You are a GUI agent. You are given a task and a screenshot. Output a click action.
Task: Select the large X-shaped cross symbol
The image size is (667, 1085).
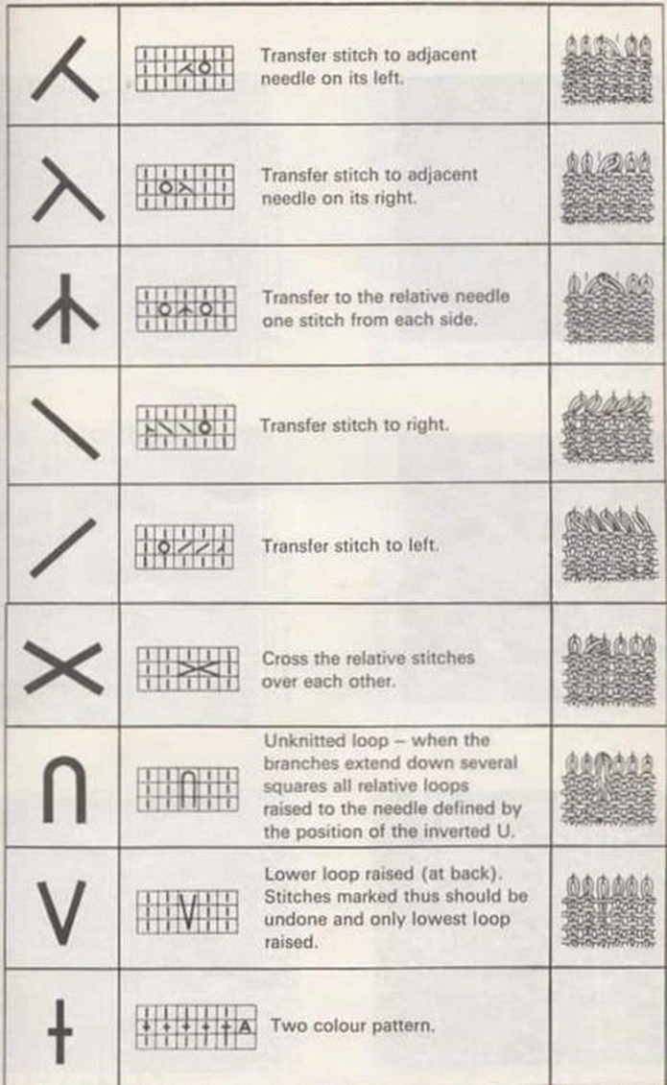(x=63, y=667)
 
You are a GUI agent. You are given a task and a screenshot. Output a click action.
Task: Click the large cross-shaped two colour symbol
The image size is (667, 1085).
(x=60, y=1031)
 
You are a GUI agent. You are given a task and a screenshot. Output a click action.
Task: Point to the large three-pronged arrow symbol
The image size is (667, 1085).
(x=65, y=309)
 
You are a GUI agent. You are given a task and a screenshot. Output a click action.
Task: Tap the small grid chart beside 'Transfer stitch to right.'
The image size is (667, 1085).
(x=185, y=427)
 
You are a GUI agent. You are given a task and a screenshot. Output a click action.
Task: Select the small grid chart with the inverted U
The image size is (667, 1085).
(x=187, y=789)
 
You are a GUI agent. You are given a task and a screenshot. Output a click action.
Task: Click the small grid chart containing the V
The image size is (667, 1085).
(x=187, y=911)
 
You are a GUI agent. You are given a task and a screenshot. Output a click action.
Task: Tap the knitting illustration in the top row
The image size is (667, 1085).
(x=607, y=69)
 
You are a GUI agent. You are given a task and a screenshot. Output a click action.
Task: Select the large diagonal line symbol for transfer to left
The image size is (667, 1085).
(x=63, y=547)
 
